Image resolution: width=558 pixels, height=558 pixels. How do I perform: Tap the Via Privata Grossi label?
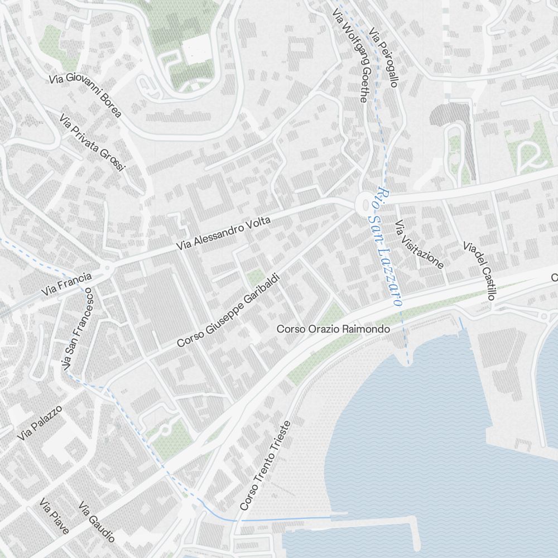coord(93,142)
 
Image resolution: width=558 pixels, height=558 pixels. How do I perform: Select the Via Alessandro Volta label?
coord(223,233)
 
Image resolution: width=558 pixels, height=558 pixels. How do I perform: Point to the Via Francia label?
coord(66,283)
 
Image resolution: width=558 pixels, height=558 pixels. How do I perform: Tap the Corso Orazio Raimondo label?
coord(333,329)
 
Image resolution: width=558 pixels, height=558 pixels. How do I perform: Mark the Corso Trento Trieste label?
coord(266,465)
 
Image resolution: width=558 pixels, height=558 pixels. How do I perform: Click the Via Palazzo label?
coord(39,423)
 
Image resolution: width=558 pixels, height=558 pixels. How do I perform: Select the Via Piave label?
coord(54,516)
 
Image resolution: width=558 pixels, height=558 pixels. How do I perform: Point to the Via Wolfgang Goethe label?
coord(350,55)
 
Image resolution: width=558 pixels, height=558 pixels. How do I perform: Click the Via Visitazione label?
coord(419,244)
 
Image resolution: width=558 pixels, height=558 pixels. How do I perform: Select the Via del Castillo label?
coord(479,271)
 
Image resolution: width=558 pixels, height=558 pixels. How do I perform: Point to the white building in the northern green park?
coord(195,51)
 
